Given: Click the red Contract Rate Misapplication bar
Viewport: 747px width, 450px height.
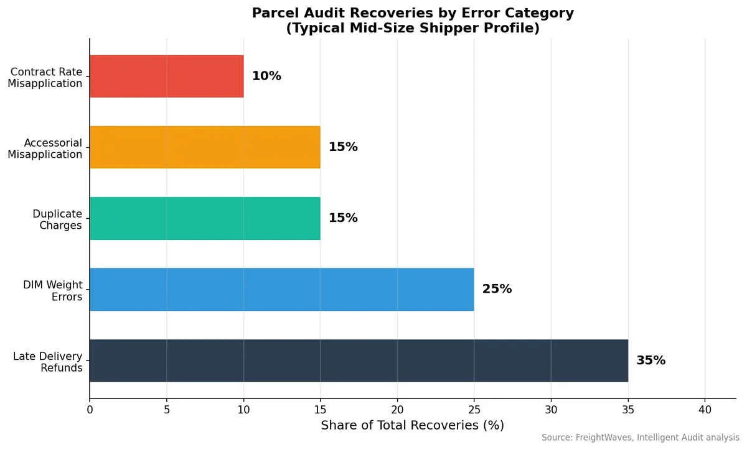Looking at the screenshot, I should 166,76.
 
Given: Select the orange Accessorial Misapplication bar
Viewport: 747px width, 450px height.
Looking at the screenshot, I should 205,147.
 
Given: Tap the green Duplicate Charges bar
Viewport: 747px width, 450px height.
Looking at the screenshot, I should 205,218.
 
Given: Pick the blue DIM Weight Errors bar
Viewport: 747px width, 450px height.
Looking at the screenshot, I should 281,289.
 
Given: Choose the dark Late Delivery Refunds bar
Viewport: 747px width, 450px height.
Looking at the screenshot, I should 359,360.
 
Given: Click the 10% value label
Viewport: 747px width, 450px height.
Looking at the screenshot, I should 266,76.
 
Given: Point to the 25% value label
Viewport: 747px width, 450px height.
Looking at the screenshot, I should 497,289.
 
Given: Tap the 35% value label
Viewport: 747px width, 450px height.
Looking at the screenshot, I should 651,360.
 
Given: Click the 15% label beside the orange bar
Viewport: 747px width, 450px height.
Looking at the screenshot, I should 343,147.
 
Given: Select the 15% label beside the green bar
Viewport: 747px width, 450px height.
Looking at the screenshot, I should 343,218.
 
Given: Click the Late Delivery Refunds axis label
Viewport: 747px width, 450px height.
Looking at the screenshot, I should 48,362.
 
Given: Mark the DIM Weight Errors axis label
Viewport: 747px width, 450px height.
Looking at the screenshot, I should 53,291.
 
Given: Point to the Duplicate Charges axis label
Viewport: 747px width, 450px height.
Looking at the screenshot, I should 57,219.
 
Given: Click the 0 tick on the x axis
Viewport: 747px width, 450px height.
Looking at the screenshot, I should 90,410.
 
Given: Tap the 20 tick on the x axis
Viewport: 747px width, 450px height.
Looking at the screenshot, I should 397,410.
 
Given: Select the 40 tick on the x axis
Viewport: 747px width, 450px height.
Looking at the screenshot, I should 705,410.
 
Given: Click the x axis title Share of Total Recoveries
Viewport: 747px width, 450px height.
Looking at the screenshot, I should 412,426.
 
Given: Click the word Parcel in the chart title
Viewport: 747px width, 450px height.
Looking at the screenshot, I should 274,13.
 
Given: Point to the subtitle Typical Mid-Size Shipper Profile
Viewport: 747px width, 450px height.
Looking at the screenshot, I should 412,29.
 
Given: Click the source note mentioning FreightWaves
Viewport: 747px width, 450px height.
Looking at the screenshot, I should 640,438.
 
